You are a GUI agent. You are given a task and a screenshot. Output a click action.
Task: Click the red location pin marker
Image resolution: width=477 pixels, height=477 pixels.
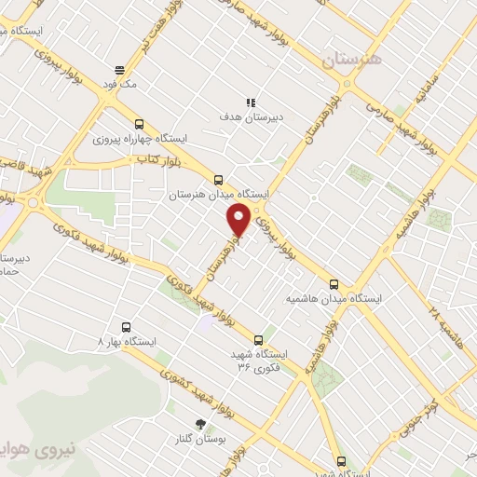pyautogui.click(x=239, y=220)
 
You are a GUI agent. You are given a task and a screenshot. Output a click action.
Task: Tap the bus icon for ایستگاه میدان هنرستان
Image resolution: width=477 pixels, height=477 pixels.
pyautogui.click(x=219, y=180)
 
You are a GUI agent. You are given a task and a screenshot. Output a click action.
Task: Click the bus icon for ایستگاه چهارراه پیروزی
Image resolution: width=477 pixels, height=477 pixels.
pyautogui.click(x=140, y=124)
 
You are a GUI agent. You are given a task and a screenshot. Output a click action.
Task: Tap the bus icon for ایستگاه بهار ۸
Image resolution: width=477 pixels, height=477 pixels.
pyautogui.click(x=128, y=327)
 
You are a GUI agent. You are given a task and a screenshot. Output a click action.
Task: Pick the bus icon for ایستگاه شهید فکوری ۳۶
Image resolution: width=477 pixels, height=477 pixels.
pyautogui.click(x=258, y=340)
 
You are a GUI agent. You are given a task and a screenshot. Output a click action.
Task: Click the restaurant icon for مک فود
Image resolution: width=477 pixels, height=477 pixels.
pyautogui.click(x=119, y=70)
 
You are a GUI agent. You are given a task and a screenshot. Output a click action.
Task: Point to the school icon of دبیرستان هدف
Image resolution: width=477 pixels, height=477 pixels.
pyautogui.click(x=250, y=102)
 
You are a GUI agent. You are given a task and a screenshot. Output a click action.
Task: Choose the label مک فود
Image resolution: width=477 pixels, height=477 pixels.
pyautogui.click(x=119, y=84)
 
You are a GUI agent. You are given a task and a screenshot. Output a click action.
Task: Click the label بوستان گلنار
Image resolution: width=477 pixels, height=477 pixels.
pyautogui.click(x=202, y=439)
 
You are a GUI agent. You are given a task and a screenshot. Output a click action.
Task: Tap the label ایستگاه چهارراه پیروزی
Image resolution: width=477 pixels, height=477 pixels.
pyautogui.click(x=141, y=139)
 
